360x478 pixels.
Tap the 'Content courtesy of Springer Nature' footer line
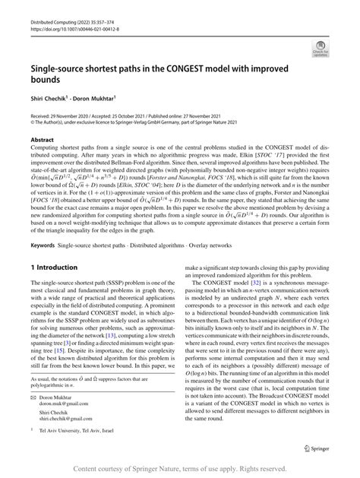[x=179, y=470]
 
